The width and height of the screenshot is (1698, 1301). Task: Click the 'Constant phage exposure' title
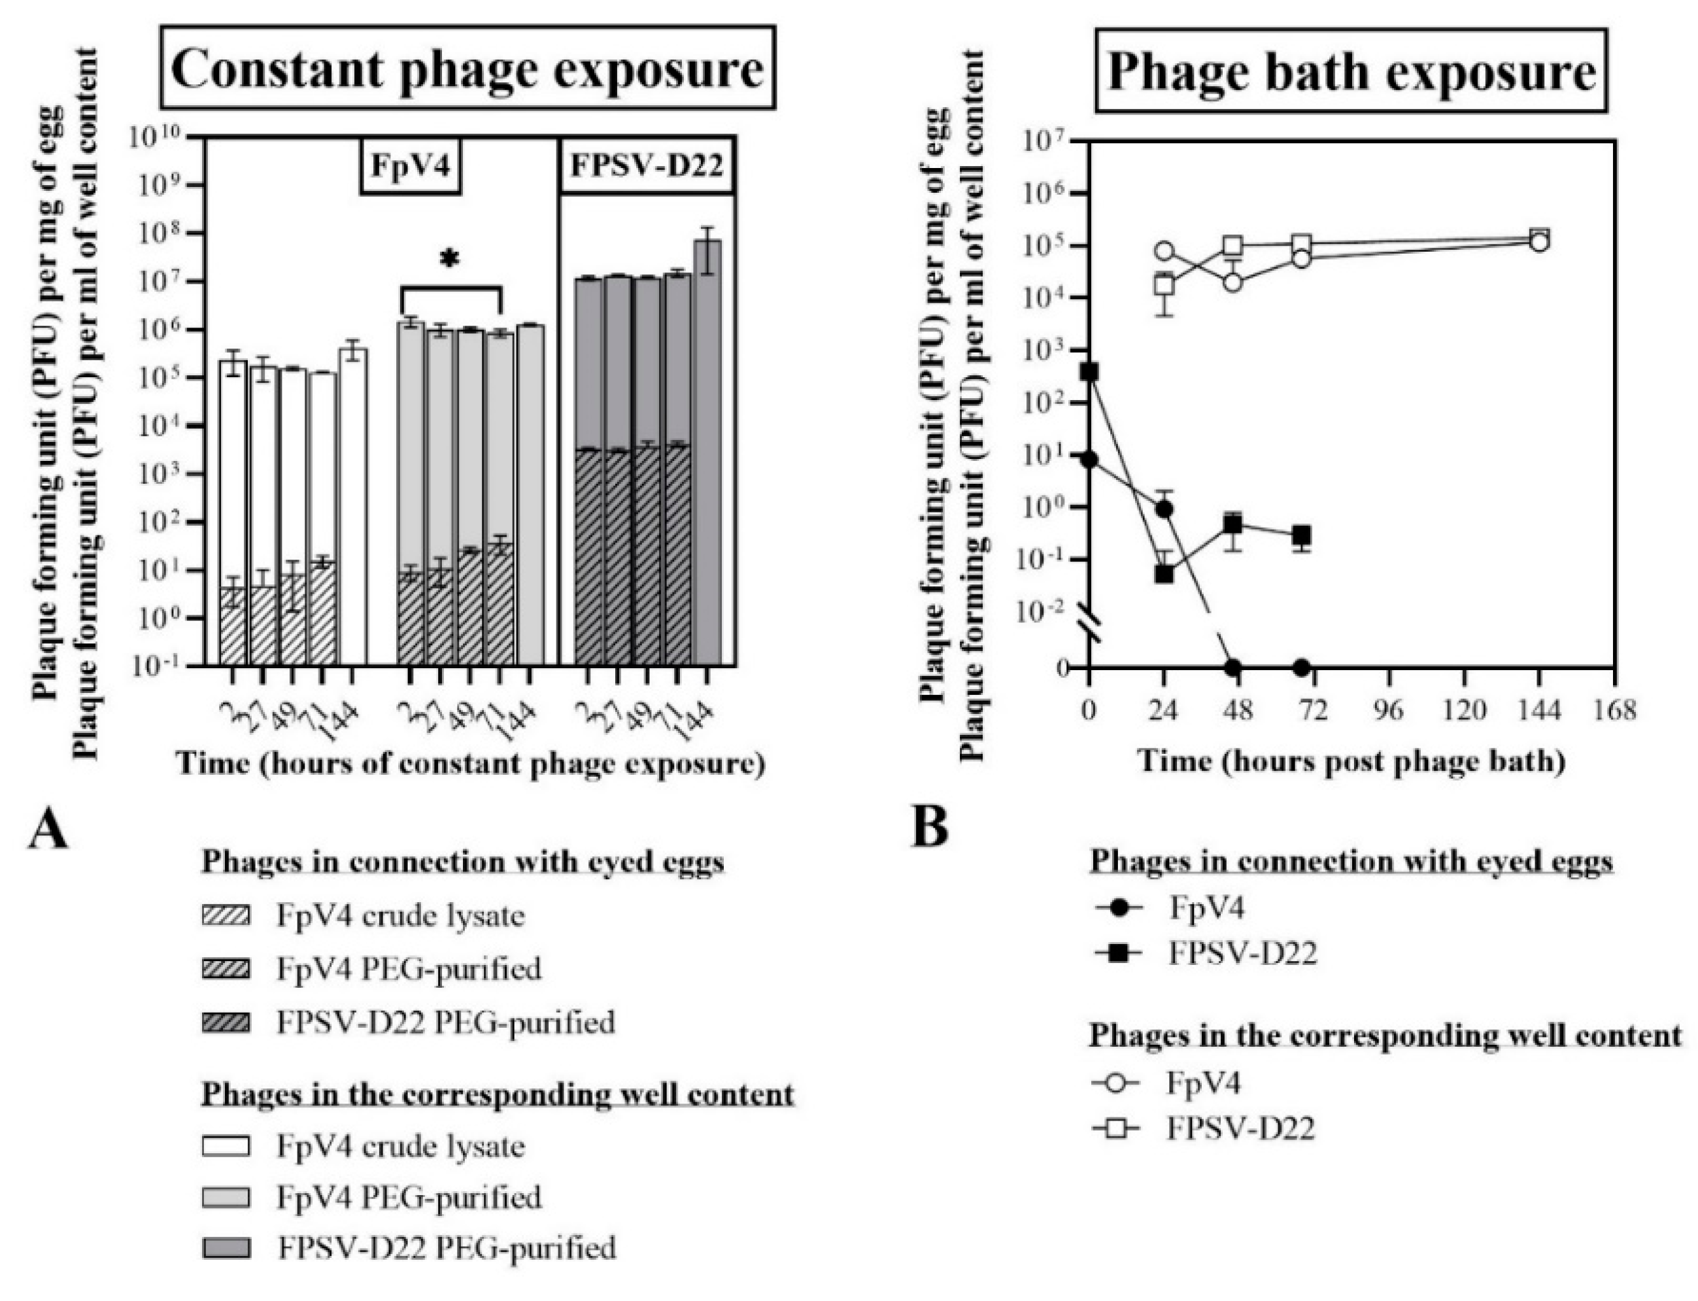tap(467, 70)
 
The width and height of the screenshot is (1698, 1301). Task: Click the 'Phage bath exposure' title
tap(1350, 74)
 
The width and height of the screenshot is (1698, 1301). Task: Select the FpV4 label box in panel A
tap(411, 168)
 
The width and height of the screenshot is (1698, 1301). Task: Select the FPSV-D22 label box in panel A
tap(647, 167)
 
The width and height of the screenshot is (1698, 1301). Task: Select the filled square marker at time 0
tap(1089, 372)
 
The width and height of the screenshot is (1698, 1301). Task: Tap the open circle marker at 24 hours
tap(1164, 252)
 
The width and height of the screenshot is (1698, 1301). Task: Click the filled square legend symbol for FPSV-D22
tap(1114, 954)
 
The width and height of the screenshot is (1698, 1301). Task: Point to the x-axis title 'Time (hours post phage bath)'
tap(1351, 762)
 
